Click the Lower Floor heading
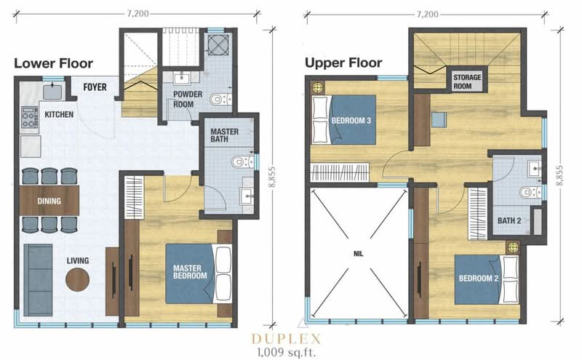coord(53,63)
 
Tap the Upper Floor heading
coord(343,63)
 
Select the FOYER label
coord(95,87)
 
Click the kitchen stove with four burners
coord(30,117)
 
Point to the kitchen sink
coord(52,92)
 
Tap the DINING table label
coord(49,201)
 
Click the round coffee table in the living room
coord(78,279)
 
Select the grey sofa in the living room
coord(38,280)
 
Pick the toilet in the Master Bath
coord(243,162)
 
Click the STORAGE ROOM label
coord(467,81)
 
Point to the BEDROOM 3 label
coord(351,121)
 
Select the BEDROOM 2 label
coord(479,279)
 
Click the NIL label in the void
coord(358,255)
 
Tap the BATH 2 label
coord(509,221)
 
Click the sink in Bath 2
coord(535,169)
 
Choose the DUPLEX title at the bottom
coord(286,339)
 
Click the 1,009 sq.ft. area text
coord(286,352)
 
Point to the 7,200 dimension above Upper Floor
coord(428,15)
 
